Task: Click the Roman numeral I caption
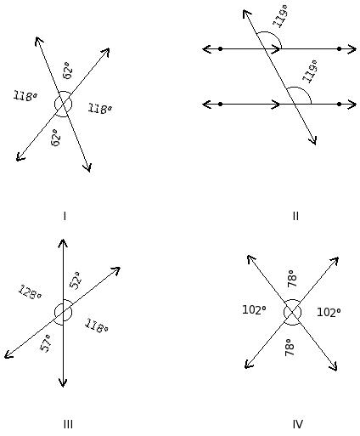(65, 217)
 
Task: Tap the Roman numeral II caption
(295, 217)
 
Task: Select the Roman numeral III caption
(68, 424)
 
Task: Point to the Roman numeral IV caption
(298, 424)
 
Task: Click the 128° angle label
(30, 292)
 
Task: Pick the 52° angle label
(76, 280)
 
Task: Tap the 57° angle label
(46, 343)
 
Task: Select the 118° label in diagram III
(96, 326)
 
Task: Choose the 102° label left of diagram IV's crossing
(254, 310)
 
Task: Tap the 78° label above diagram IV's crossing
(292, 278)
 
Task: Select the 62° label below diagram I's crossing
(56, 138)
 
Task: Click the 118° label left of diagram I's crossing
(25, 96)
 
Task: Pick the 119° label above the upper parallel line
(280, 16)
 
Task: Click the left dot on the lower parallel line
(221, 105)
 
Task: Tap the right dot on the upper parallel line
(339, 49)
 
